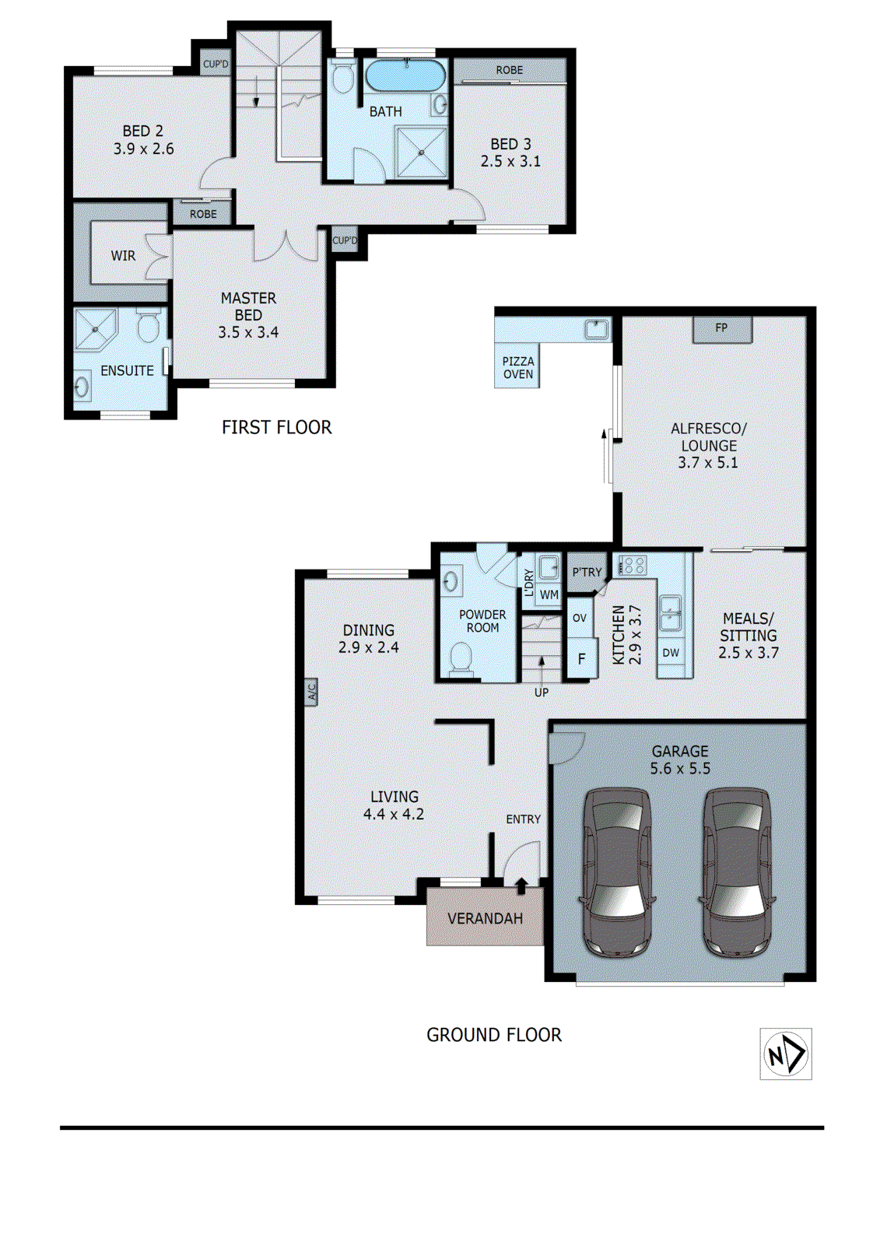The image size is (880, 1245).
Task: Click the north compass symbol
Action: (786, 1054)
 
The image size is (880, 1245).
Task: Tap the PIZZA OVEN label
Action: (518, 368)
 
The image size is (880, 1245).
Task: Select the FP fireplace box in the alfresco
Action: (722, 328)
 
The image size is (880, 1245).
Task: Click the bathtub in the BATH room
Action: (405, 76)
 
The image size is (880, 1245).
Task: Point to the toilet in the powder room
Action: (461, 658)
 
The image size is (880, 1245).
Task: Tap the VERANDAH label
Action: (485, 919)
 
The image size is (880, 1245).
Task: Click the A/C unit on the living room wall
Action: (310, 691)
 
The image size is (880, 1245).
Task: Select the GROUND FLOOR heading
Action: (493, 1035)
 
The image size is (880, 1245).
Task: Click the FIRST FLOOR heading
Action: (276, 427)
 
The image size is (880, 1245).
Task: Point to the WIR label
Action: (123, 256)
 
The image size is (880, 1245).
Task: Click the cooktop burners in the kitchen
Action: (631, 565)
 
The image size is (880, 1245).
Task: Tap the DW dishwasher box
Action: (671, 653)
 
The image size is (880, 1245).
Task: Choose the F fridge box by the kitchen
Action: (580, 659)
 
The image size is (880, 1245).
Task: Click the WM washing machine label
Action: (549, 594)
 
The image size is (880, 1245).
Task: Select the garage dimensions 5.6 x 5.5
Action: (680, 769)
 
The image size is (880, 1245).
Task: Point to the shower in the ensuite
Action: (95, 330)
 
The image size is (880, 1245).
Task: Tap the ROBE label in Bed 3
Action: (510, 71)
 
